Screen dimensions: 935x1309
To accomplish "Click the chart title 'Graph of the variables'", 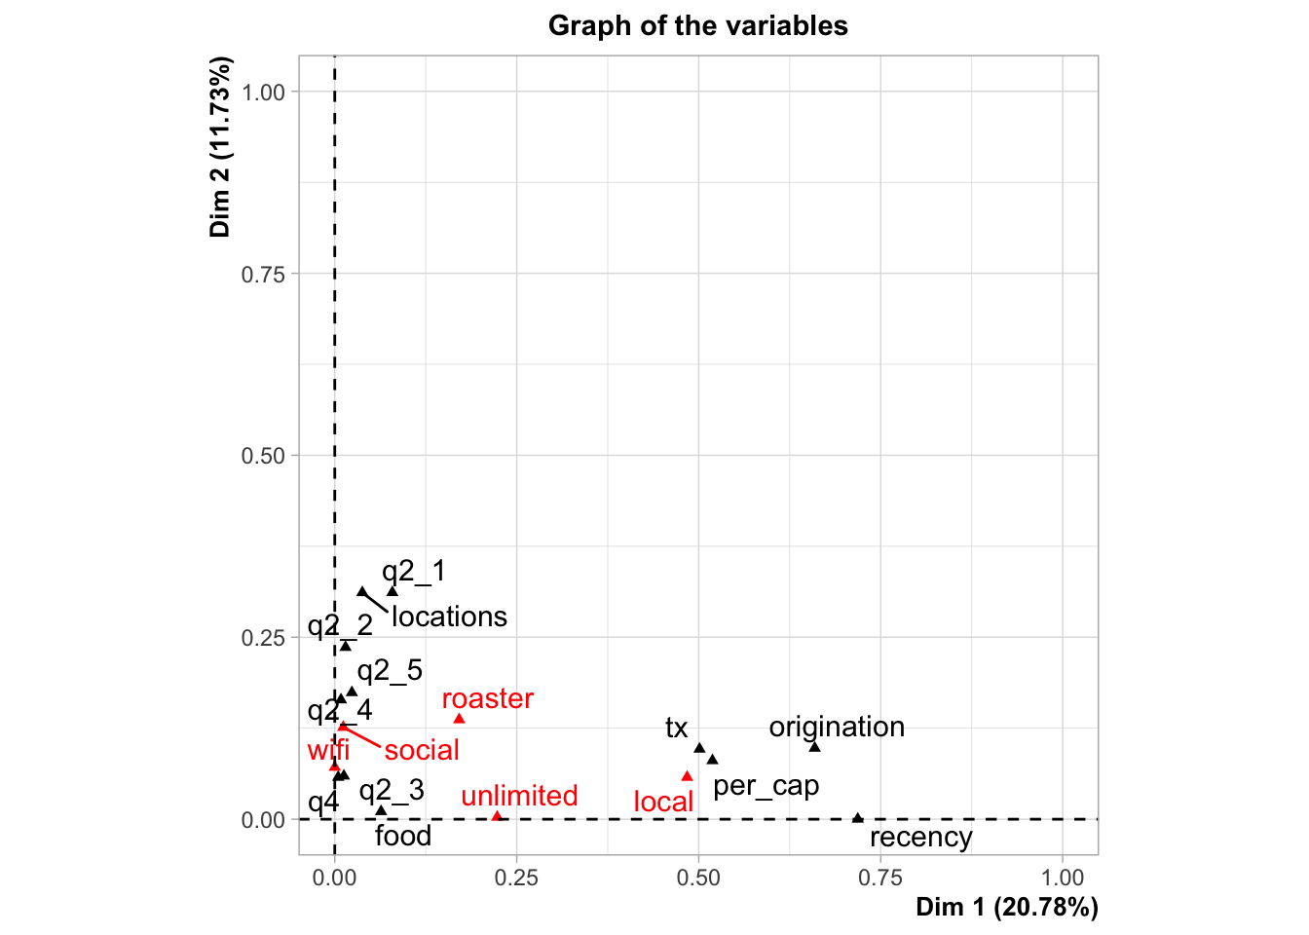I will coord(697,25).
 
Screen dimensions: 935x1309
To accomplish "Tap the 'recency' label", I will coord(920,838).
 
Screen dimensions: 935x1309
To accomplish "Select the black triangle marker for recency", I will coord(857,818).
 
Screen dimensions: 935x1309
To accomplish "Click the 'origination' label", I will coord(837,727).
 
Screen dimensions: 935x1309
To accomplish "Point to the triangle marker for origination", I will coord(814,747).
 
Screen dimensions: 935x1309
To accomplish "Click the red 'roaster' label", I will coord(487,698).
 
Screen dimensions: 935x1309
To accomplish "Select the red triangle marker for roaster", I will coord(459,719).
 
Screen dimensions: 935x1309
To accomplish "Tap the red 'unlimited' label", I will coord(519,796).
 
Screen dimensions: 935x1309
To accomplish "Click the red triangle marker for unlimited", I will coord(497,816).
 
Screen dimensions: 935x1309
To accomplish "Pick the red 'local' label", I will coord(663,802).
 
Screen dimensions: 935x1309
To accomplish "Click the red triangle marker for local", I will coord(687,776).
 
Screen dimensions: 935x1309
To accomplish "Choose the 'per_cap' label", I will coord(766,785).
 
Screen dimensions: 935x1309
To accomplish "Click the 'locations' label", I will coord(449,617).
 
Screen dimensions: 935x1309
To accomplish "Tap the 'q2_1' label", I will coord(413,571).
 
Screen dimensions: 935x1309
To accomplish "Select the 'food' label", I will coord(402,836).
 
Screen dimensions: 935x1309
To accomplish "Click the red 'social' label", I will coord(422,750).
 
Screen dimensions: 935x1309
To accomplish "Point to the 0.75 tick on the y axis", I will coord(263,274).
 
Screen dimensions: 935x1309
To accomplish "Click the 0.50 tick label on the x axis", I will coord(698,878).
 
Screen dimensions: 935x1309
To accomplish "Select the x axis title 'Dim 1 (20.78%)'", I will coord(1006,908).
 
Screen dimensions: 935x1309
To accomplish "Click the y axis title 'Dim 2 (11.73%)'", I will coord(220,147).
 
